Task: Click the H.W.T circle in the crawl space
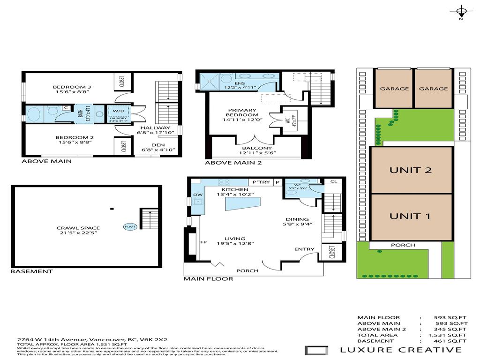(x=129, y=226)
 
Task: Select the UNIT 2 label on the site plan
(x=411, y=170)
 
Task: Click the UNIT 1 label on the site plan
(x=411, y=216)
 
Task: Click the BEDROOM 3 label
(x=71, y=87)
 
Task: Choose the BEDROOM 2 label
(x=71, y=137)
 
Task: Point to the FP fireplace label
(x=203, y=243)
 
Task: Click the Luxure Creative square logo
(x=313, y=350)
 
